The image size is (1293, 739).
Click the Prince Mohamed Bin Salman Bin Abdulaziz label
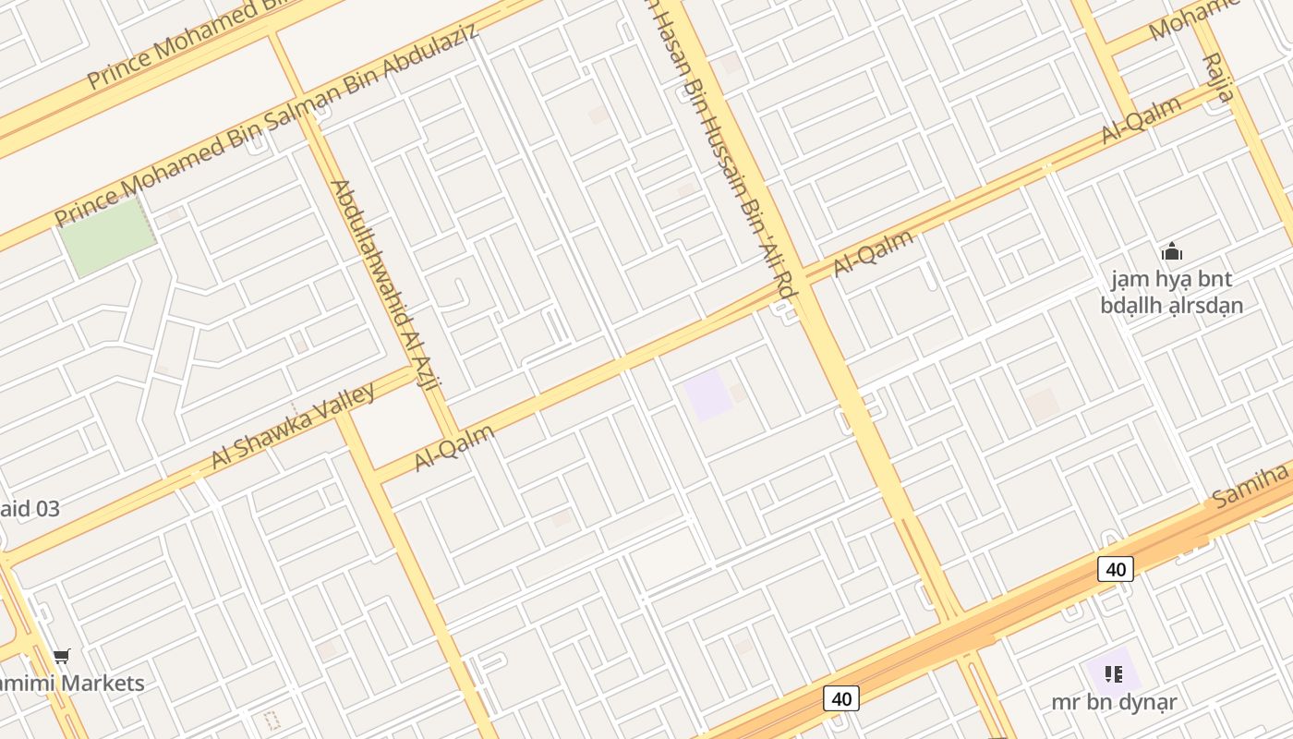pyautogui.click(x=267, y=126)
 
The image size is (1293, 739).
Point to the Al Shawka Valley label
pyautogui.click(x=293, y=426)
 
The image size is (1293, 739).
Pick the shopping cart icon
pyautogui.click(x=61, y=657)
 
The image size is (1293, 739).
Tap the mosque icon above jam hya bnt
pyautogui.click(x=1172, y=251)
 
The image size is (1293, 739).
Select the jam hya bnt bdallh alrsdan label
pyautogui.click(x=1172, y=292)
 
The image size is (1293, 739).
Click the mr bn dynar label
pyautogui.click(x=1114, y=702)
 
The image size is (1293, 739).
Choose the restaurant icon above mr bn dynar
pyautogui.click(x=1113, y=674)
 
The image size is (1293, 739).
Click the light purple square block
pyautogui.click(x=708, y=394)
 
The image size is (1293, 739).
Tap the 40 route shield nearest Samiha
pyautogui.click(x=1116, y=569)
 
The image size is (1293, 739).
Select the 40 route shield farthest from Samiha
pyautogui.click(x=840, y=698)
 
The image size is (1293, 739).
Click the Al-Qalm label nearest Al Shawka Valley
pyautogui.click(x=454, y=447)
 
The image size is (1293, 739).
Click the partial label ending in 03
pyautogui.click(x=30, y=508)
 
